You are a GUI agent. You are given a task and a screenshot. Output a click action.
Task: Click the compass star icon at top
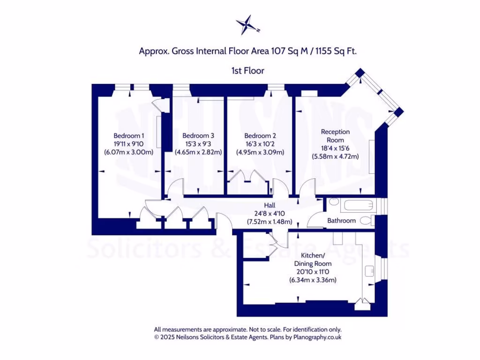[x=247, y=25]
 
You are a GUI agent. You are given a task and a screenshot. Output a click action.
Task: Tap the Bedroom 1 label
[x=129, y=136]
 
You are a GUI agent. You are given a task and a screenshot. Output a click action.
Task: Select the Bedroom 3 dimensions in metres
[x=198, y=152]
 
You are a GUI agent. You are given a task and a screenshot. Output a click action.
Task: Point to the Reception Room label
[x=335, y=136]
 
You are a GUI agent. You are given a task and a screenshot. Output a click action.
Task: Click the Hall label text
[x=270, y=205]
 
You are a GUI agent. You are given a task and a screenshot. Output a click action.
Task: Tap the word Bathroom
[x=341, y=220]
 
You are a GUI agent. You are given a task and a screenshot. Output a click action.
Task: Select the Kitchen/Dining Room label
[x=313, y=260]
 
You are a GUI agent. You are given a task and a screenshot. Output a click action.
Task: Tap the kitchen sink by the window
[x=369, y=271]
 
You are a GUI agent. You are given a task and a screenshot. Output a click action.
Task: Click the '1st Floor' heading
[x=247, y=71]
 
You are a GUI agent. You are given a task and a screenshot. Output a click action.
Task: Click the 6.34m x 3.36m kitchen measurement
[x=313, y=280]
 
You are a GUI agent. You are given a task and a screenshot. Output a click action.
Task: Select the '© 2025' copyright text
[x=164, y=337]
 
